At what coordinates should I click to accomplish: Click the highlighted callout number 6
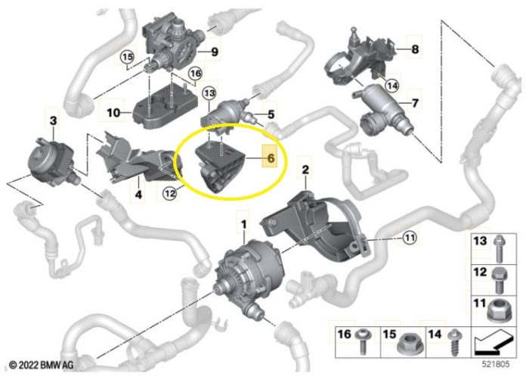pyautogui.click(x=271, y=158)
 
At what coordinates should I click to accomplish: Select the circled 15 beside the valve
pyautogui.click(x=128, y=57)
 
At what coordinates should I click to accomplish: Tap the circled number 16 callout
pyautogui.click(x=195, y=73)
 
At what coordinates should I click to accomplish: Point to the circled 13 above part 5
pyautogui.click(x=209, y=92)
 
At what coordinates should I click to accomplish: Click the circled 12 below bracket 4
pyautogui.click(x=170, y=193)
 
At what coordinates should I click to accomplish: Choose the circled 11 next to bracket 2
pyautogui.click(x=410, y=238)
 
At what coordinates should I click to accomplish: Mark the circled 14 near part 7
pyautogui.click(x=392, y=86)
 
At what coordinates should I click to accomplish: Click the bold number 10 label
pyautogui.click(x=113, y=112)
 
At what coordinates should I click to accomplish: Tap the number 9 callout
pyautogui.click(x=215, y=51)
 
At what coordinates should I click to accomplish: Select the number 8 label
pyautogui.click(x=415, y=49)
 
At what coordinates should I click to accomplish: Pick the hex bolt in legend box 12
pyautogui.click(x=498, y=281)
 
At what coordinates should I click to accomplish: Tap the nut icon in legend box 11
pyautogui.click(x=500, y=311)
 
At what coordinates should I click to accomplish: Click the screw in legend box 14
pyautogui.click(x=453, y=341)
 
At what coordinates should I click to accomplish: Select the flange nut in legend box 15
pyautogui.click(x=408, y=344)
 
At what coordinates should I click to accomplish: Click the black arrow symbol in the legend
pyautogui.click(x=493, y=342)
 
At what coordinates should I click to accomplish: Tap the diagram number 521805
pyautogui.click(x=496, y=364)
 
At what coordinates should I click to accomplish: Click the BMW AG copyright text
pyautogui.click(x=41, y=365)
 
